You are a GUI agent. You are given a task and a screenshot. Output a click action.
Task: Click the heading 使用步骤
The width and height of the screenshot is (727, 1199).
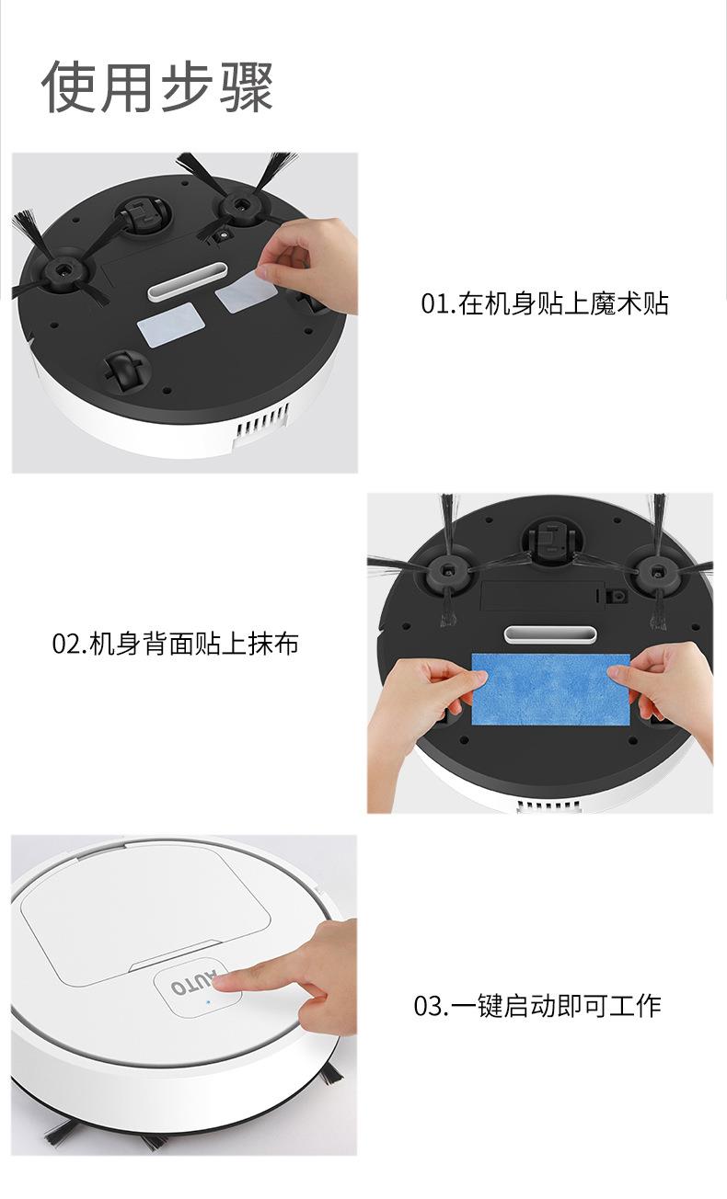(157, 86)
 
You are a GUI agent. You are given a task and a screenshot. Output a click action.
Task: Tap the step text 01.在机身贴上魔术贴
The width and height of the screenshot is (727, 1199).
(544, 303)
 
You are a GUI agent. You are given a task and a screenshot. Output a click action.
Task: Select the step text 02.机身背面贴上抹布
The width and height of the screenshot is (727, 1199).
(175, 644)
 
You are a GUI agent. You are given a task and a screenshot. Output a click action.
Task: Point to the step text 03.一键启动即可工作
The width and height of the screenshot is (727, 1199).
(537, 1005)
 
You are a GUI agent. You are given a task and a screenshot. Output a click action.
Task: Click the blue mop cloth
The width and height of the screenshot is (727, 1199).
(550, 690)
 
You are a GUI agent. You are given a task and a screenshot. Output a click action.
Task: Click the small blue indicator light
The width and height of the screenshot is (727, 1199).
(208, 1001)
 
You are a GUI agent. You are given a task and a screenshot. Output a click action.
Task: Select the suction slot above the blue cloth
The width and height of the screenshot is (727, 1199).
(550, 634)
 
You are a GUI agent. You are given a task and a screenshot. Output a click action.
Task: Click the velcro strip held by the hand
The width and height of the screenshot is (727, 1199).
(247, 291)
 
